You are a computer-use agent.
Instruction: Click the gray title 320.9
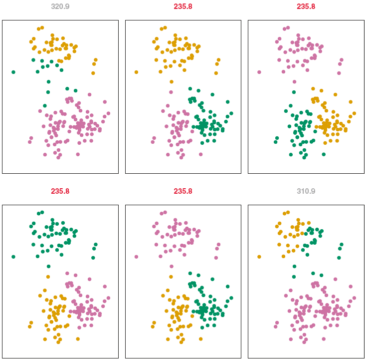(x=60, y=7)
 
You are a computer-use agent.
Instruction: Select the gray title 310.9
(x=306, y=191)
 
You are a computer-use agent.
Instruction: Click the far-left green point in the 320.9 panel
(x=13, y=72)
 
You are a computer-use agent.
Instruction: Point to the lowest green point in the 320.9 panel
(x=45, y=106)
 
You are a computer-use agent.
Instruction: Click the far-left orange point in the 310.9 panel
(x=259, y=257)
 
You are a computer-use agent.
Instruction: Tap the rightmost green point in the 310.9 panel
(x=342, y=245)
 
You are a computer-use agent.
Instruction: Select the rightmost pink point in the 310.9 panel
(x=354, y=298)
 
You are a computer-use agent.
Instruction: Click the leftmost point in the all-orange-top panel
(x=136, y=72)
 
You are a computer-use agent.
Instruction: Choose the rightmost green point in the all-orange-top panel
(x=231, y=113)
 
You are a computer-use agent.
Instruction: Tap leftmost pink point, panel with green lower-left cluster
(x=259, y=72)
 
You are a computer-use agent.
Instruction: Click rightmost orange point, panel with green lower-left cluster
(x=355, y=113)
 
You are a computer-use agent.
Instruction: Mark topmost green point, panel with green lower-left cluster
(x=294, y=92)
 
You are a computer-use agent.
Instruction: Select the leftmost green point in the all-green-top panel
(x=13, y=257)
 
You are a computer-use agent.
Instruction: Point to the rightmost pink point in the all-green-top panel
(x=108, y=298)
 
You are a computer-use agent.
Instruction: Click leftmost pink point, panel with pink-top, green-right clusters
(x=136, y=257)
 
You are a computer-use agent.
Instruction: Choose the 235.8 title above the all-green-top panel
(x=60, y=191)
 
